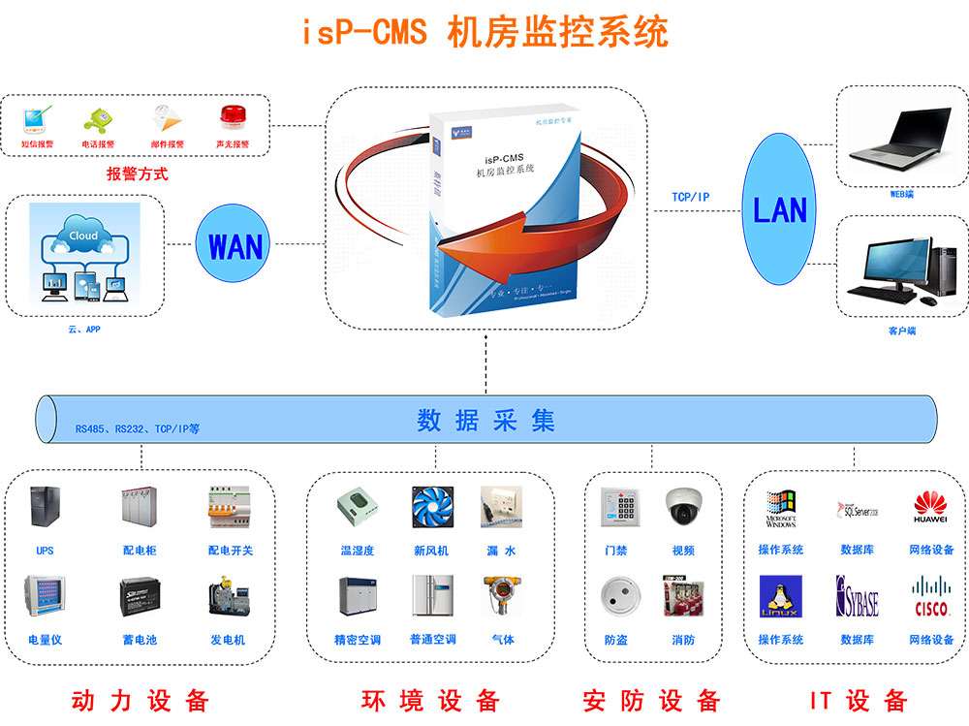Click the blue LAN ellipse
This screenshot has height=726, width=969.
[x=780, y=209]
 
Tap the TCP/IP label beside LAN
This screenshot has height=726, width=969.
[x=691, y=197]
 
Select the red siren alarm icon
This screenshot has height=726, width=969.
[x=232, y=119]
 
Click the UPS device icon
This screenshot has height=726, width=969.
[x=46, y=509]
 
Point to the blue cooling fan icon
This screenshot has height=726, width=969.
[x=430, y=507]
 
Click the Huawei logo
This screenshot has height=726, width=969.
[x=930, y=507]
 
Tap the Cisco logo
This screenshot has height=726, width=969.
[x=930, y=597]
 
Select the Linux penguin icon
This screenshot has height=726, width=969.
[x=780, y=597]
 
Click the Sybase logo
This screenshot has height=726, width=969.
[x=857, y=597]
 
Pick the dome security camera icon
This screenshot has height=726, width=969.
[x=682, y=506]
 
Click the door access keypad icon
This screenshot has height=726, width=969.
[x=615, y=507]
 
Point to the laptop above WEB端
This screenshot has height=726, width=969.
[x=891, y=136]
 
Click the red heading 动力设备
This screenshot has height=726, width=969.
[x=140, y=700]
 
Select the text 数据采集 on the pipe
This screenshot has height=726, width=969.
[x=485, y=421]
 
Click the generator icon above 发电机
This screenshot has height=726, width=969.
[x=229, y=598]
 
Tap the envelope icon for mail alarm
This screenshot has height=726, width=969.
[x=167, y=119]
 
